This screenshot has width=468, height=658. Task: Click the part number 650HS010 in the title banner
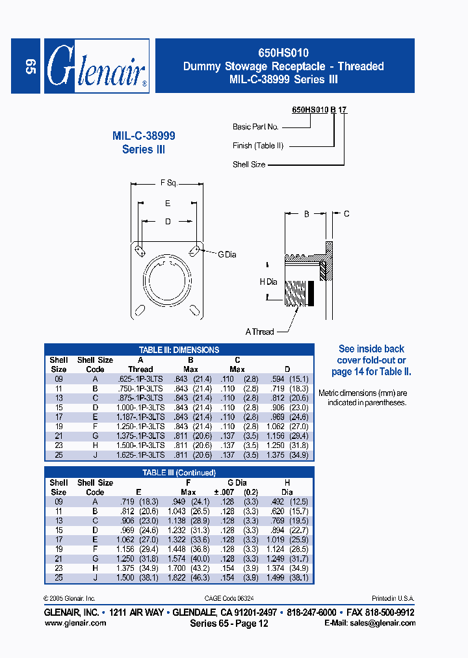tap(283, 53)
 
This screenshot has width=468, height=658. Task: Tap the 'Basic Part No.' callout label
tap(255, 127)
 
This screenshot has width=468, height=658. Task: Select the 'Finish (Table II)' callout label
tap(258, 146)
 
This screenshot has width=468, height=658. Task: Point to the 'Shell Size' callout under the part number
tap(249, 164)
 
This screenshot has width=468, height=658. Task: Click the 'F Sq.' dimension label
tap(169, 183)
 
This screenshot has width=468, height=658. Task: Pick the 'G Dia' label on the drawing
tap(227, 254)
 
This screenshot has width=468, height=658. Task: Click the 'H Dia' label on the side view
tap(268, 282)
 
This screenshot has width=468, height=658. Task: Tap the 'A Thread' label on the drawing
tap(259, 332)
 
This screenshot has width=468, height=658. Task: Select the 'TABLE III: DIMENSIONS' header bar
tap(179, 350)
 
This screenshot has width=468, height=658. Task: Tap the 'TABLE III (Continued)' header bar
tap(179, 473)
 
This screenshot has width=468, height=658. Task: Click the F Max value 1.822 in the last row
tap(187, 577)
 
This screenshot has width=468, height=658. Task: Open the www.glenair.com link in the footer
tap(75, 623)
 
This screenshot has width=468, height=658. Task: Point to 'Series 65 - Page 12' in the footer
tap(229, 623)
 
